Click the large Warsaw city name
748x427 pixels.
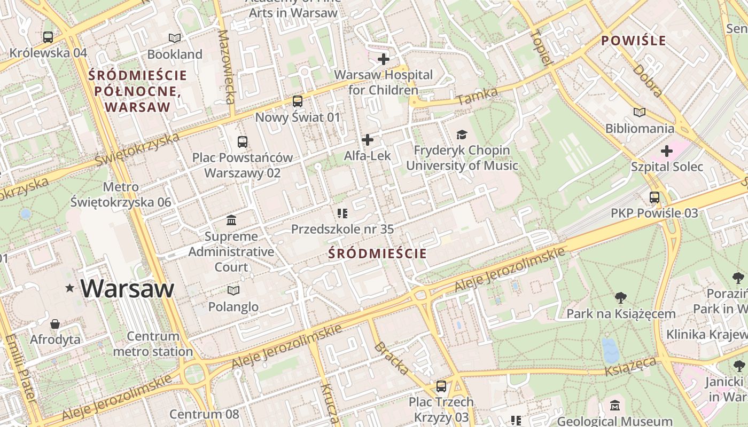[127, 289]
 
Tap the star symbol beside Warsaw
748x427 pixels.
[69, 288]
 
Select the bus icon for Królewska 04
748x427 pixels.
[48, 37]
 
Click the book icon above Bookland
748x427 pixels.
[175, 38]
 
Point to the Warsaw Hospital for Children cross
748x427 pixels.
[383, 59]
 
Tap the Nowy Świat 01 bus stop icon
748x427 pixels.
[298, 101]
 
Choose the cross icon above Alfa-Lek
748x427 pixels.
[368, 140]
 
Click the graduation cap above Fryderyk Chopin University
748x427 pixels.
[462, 135]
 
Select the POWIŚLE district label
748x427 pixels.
[634, 41]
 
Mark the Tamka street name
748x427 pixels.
[477, 97]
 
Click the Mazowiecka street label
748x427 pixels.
[227, 66]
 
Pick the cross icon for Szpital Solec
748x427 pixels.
[667, 151]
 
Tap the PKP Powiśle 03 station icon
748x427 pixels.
[654, 197]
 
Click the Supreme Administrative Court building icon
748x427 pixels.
[231, 220]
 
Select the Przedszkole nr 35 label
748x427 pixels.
[342, 229]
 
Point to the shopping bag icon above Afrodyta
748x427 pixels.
[55, 324]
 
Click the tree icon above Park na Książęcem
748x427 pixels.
[621, 297]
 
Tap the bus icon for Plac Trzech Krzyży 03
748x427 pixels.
[441, 386]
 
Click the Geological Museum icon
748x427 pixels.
[615, 406]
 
